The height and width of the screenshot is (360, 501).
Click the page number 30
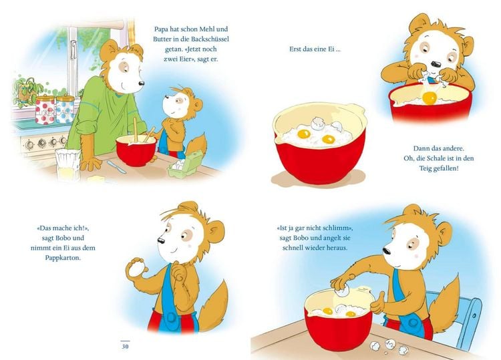[125, 346]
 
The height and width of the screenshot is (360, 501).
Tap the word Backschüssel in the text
[210, 39]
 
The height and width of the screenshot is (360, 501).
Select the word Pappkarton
[63, 257]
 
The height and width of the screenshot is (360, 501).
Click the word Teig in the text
[426, 168]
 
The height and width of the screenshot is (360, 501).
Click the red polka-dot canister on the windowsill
[44, 110]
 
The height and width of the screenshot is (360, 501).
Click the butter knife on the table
[116, 166]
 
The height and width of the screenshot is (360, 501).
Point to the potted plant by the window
[27, 89]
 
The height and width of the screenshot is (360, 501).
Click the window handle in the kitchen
[73, 49]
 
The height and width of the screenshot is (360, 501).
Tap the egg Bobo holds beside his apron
[136, 266]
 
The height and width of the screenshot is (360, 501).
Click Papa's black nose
[141, 83]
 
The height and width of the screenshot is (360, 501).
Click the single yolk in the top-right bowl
[429, 98]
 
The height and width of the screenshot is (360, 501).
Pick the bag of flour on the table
[67, 164]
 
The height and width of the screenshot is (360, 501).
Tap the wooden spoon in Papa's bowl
[136, 130]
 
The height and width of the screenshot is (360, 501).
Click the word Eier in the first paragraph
[180, 59]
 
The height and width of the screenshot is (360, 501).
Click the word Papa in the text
[162, 29]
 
